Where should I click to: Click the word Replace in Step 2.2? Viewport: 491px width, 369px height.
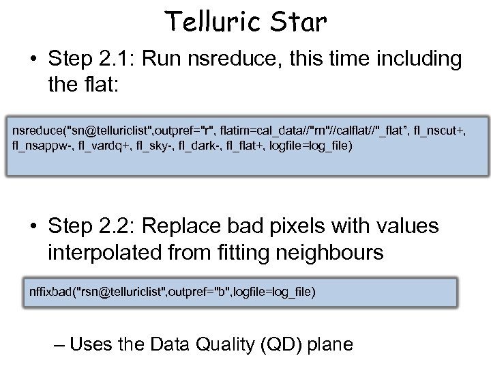click(x=202, y=226)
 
